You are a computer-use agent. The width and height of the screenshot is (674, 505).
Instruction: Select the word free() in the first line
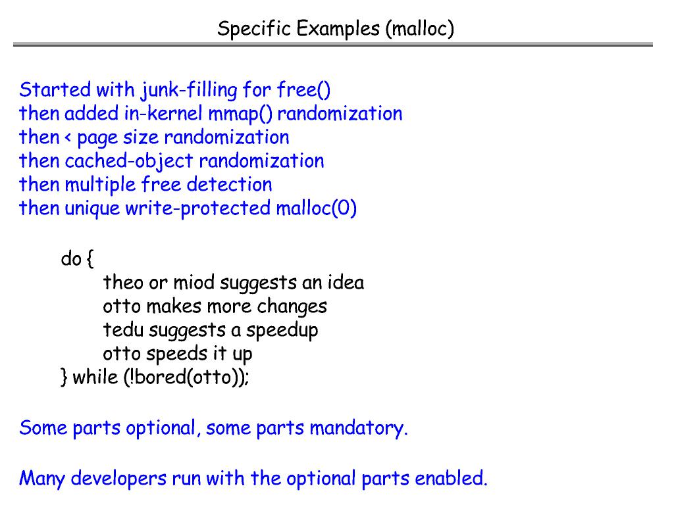tap(303, 89)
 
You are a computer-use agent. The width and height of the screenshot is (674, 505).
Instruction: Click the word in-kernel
tap(163, 113)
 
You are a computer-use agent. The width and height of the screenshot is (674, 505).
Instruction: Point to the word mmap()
tap(240, 113)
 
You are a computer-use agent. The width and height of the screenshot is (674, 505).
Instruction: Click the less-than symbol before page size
tap(68, 137)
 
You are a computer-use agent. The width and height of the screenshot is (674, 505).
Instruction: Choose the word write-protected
tap(197, 208)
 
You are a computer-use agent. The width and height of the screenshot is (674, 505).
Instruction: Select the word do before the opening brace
tap(71, 259)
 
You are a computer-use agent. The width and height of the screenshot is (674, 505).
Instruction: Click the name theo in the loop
tap(122, 283)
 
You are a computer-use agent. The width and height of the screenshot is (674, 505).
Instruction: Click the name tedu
tap(122, 330)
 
